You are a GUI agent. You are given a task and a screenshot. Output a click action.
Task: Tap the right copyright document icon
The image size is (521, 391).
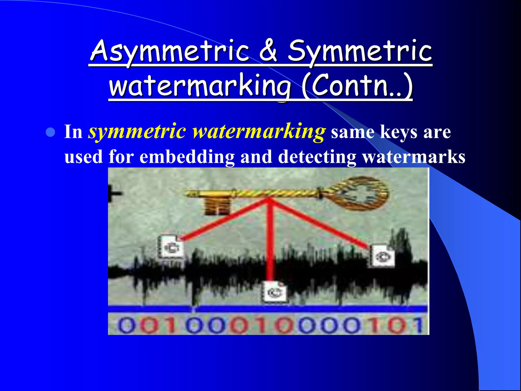(382, 256)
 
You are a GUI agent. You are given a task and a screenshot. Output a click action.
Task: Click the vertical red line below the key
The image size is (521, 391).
(270, 239)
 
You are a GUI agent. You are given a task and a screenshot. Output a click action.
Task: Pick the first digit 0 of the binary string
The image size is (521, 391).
(125, 326)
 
